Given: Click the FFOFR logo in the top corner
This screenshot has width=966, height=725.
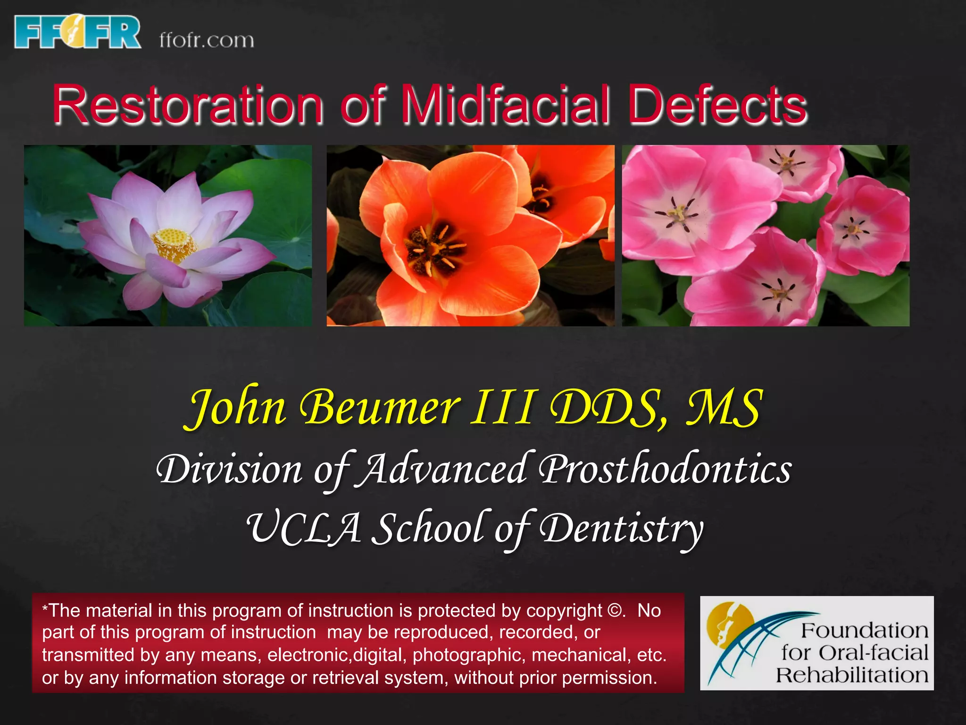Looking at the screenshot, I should pyautogui.click(x=78, y=32).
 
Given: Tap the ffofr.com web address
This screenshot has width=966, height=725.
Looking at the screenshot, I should pyautogui.click(x=207, y=40).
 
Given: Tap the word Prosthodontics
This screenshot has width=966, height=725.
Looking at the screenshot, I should pyautogui.click(x=666, y=470).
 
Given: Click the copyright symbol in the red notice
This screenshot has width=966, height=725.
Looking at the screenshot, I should pyautogui.click(x=615, y=611).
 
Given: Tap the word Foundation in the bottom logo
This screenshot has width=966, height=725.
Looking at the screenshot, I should pyautogui.click(x=864, y=631).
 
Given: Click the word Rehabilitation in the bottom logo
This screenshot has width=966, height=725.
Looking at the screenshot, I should pyautogui.click(x=852, y=675).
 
